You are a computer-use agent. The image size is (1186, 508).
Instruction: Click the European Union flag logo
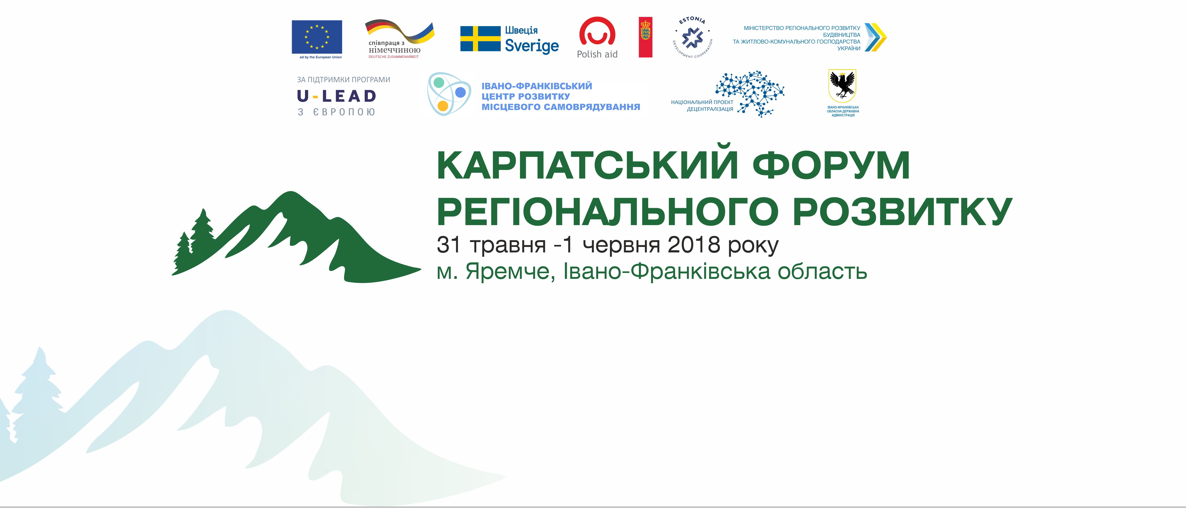tap(317, 37)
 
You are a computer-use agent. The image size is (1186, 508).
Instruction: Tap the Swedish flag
tap(480, 39)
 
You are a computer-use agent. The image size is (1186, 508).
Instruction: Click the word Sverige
tap(532, 46)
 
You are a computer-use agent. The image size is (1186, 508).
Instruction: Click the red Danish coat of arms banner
tap(646, 37)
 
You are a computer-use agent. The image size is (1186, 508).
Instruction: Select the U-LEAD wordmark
tap(337, 96)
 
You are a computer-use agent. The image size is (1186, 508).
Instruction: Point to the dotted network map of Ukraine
tap(750, 93)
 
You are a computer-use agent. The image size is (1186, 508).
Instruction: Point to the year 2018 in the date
tap(694, 245)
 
